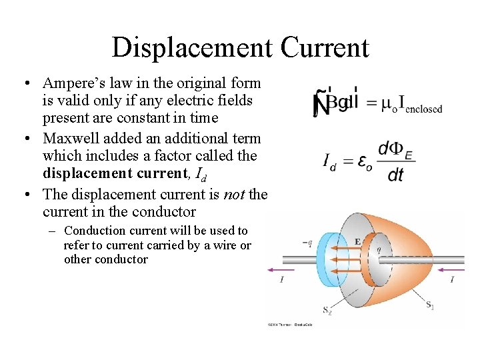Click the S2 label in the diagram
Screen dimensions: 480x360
coord(327,309)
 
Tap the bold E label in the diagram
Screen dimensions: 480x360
coord(357,242)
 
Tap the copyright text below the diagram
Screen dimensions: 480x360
coord(290,325)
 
